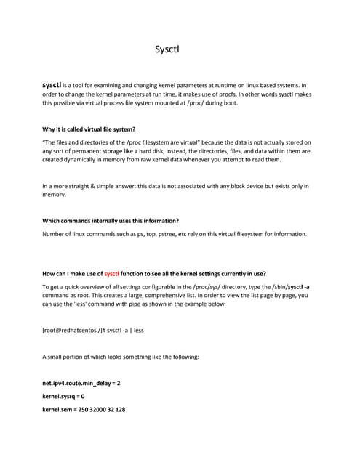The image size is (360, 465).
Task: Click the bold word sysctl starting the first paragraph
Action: (55, 84)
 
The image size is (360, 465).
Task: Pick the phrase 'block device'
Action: (236, 186)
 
